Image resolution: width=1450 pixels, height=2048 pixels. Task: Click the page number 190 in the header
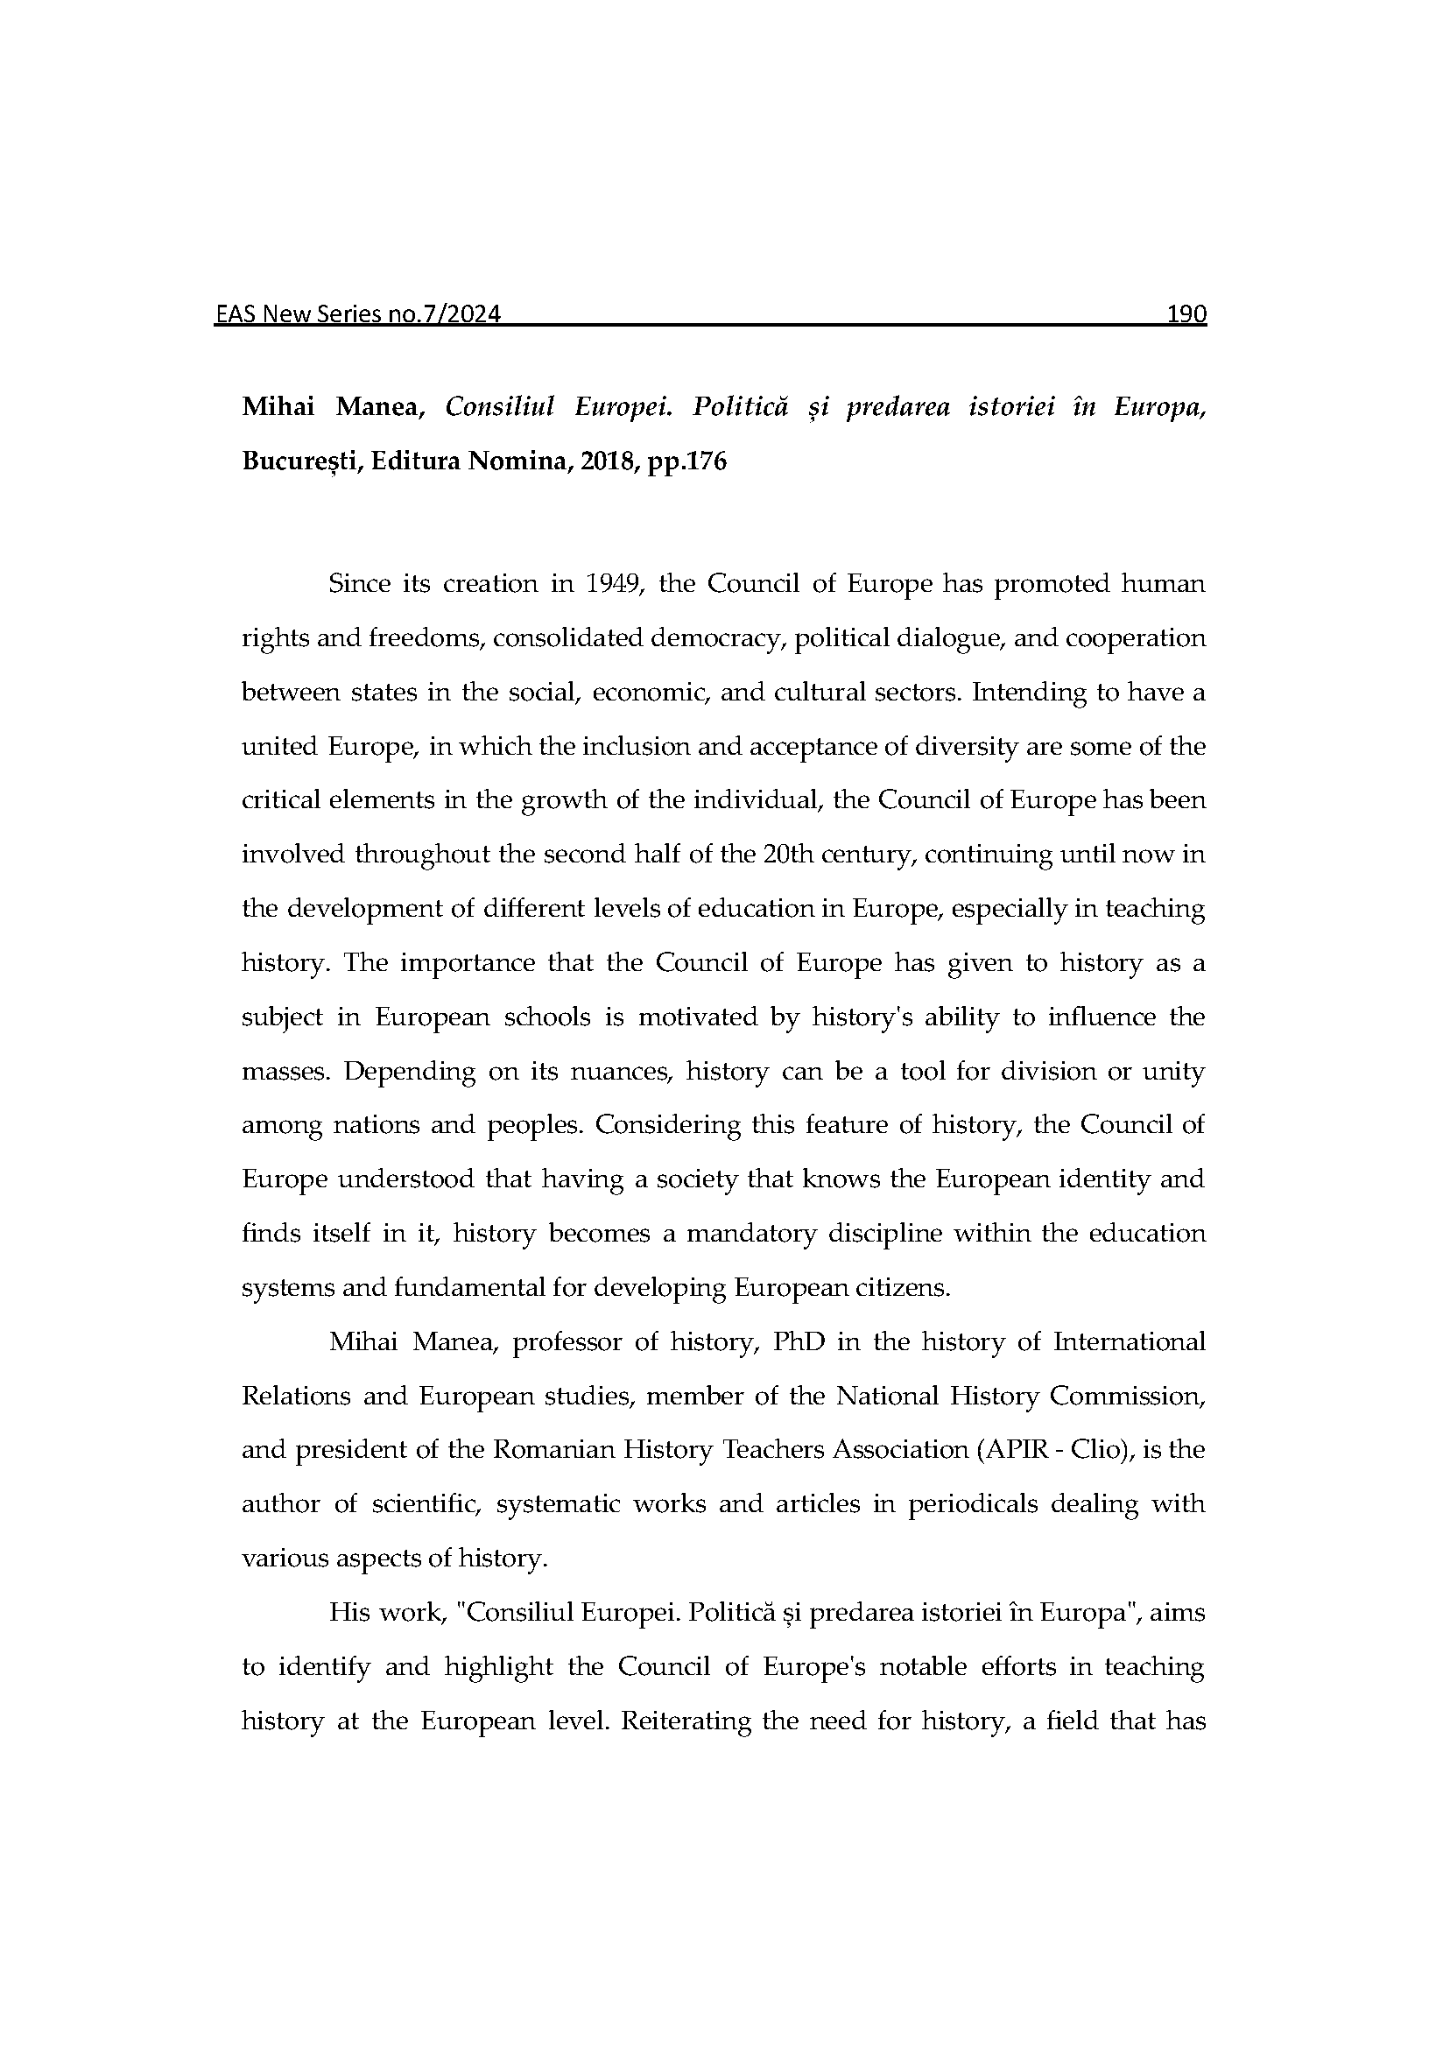pos(1186,314)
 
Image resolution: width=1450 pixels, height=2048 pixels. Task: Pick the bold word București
pos(300,461)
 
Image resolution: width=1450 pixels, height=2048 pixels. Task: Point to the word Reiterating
pos(685,1721)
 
